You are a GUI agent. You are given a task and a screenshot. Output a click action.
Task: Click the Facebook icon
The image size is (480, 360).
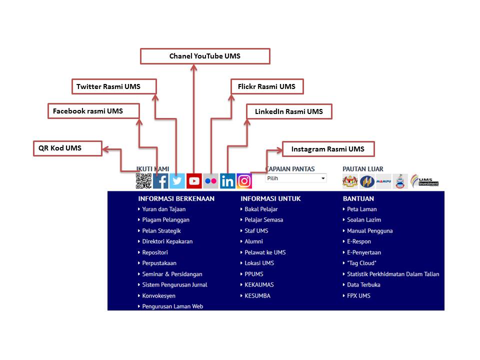tap(160, 180)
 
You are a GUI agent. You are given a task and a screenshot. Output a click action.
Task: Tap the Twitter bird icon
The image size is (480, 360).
tap(177, 180)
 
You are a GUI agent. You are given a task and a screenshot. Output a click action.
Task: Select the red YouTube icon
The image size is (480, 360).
tap(194, 180)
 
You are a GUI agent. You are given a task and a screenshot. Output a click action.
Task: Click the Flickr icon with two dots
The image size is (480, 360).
tap(211, 180)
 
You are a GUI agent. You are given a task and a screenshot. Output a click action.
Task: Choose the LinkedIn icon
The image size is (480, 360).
tap(227, 180)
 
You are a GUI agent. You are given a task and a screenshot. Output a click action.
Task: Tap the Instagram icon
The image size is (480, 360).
tap(244, 180)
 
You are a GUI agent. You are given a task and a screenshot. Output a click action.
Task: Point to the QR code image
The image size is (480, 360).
tap(143, 180)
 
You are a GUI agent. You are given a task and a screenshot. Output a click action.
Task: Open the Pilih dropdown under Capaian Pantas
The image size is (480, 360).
tap(295, 178)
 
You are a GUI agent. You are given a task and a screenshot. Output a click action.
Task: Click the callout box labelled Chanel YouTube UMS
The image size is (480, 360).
tap(205, 56)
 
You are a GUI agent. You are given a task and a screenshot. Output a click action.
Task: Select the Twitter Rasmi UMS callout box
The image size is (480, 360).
tap(114, 86)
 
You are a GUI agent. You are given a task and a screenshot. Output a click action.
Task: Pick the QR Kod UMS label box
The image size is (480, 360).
tap(67, 148)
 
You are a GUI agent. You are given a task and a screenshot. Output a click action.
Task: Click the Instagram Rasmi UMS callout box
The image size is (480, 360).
tap(328, 149)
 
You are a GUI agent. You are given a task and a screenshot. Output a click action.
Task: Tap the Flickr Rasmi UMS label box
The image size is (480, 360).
tap(267, 86)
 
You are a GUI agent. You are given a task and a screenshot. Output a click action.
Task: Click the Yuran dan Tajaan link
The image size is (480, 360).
tap(163, 209)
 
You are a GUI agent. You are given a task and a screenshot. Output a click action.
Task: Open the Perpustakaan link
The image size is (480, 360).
tap(159, 263)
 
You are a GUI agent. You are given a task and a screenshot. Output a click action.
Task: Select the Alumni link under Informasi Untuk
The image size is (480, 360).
tap(253, 241)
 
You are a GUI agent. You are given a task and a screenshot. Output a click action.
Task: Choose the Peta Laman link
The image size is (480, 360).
tap(361, 209)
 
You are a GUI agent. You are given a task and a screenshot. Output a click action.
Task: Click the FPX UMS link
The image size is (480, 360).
tap(358, 295)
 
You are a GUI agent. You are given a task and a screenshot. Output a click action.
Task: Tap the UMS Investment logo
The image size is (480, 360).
tap(424, 180)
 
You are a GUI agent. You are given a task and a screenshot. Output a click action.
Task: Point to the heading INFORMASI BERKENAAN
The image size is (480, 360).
tap(176, 198)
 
